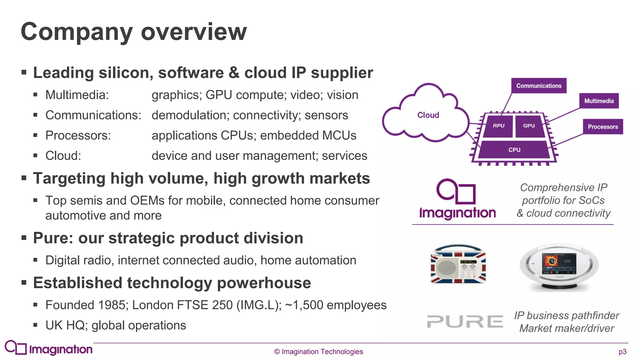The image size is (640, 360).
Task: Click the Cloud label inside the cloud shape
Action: click(428, 115)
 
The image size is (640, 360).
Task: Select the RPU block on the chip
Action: click(498, 126)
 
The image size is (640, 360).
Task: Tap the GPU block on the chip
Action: click(529, 126)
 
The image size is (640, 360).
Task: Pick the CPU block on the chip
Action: click(514, 150)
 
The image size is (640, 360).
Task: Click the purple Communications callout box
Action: click(539, 86)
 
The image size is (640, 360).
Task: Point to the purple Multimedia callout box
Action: click(599, 101)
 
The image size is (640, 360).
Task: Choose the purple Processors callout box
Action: click(603, 127)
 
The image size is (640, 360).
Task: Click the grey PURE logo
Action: click(465, 322)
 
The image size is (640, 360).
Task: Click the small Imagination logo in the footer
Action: click(49, 348)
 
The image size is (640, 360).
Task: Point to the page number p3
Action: click(622, 352)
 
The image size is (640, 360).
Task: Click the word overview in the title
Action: click(194, 32)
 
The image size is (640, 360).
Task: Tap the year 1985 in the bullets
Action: click(112, 305)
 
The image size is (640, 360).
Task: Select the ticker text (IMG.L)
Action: click(259, 305)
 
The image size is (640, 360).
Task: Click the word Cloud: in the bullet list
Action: click(63, 156)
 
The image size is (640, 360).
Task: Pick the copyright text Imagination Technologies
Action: click(319, 352)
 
